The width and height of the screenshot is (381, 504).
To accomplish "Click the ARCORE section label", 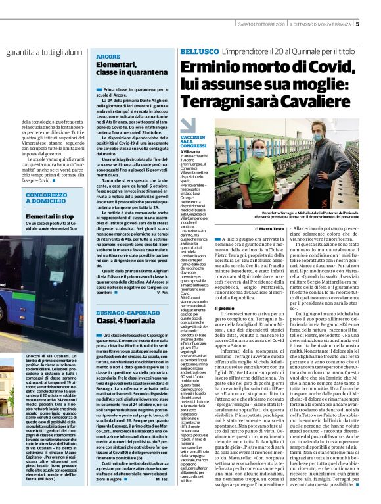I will (x=108, y=57).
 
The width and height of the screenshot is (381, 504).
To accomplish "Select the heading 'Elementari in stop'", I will (x=49, y=216).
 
